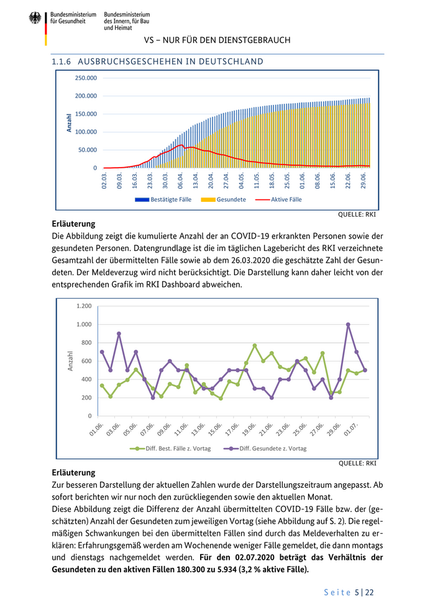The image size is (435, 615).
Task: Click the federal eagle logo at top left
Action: (35, 19)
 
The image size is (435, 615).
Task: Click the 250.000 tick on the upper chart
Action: (86, 78)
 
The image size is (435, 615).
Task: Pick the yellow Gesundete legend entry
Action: (226, 199)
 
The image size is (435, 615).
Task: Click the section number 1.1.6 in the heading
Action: (62, 61)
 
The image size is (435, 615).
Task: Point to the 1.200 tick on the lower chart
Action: (84, 306)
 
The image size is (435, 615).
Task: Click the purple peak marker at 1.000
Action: (348, 324)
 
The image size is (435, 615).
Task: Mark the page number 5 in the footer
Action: (357, 593)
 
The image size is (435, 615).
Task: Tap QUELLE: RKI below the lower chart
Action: (357, 463)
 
